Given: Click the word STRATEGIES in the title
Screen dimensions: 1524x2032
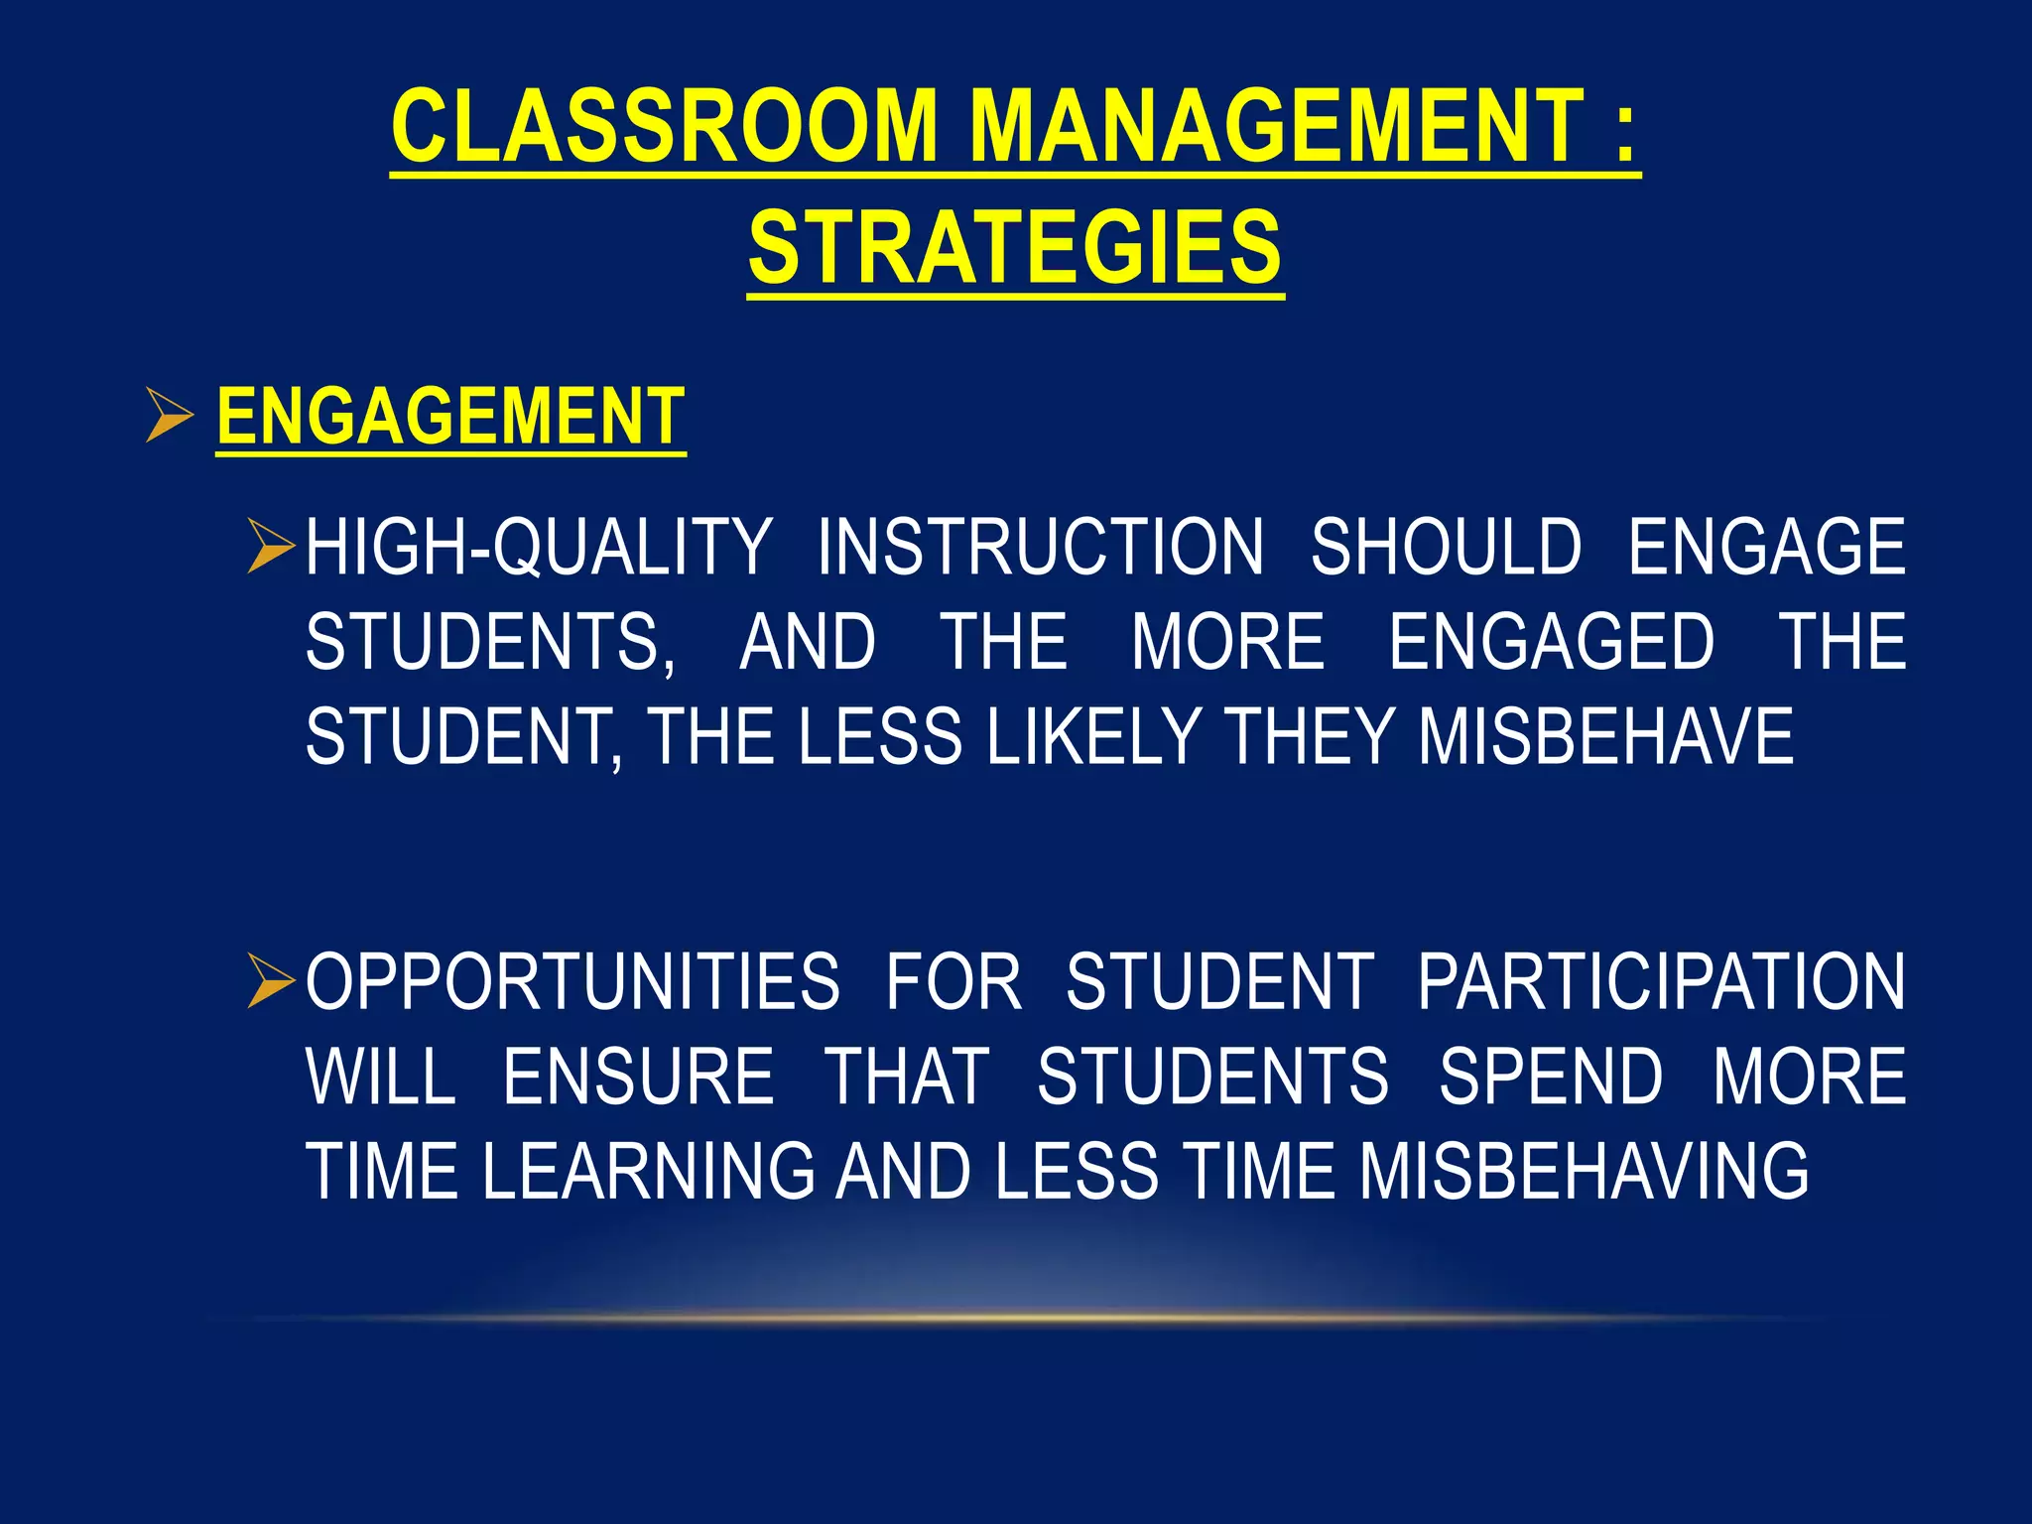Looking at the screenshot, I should click(x=1015, y=248).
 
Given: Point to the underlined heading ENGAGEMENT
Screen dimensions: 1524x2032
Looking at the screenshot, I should click(x=450, y=417).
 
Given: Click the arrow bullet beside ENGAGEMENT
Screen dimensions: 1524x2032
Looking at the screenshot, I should click(x=170, y=416).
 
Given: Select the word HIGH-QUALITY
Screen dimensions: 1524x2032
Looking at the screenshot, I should click(x=539, y=547).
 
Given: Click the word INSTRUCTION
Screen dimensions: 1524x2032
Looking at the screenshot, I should click(x=1041, y=547).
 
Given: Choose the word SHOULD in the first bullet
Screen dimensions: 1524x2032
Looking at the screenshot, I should click(x=1446, y=547).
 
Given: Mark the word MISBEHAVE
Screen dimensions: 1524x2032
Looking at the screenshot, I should click(x=1606, y=737).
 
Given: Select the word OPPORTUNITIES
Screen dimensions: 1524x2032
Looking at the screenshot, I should click(x=572, y=982).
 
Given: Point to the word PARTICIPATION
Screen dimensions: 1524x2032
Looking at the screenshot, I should click(x=1661, y=982).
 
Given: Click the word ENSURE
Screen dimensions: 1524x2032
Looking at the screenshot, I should click(x=638, y=1077).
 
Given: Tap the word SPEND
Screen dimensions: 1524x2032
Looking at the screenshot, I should click(x=1551, y=1077).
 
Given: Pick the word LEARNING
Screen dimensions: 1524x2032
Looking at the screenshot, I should click(x=648, y=1172).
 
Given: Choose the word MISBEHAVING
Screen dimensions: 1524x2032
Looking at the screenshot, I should click(x=1584, y=1172).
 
